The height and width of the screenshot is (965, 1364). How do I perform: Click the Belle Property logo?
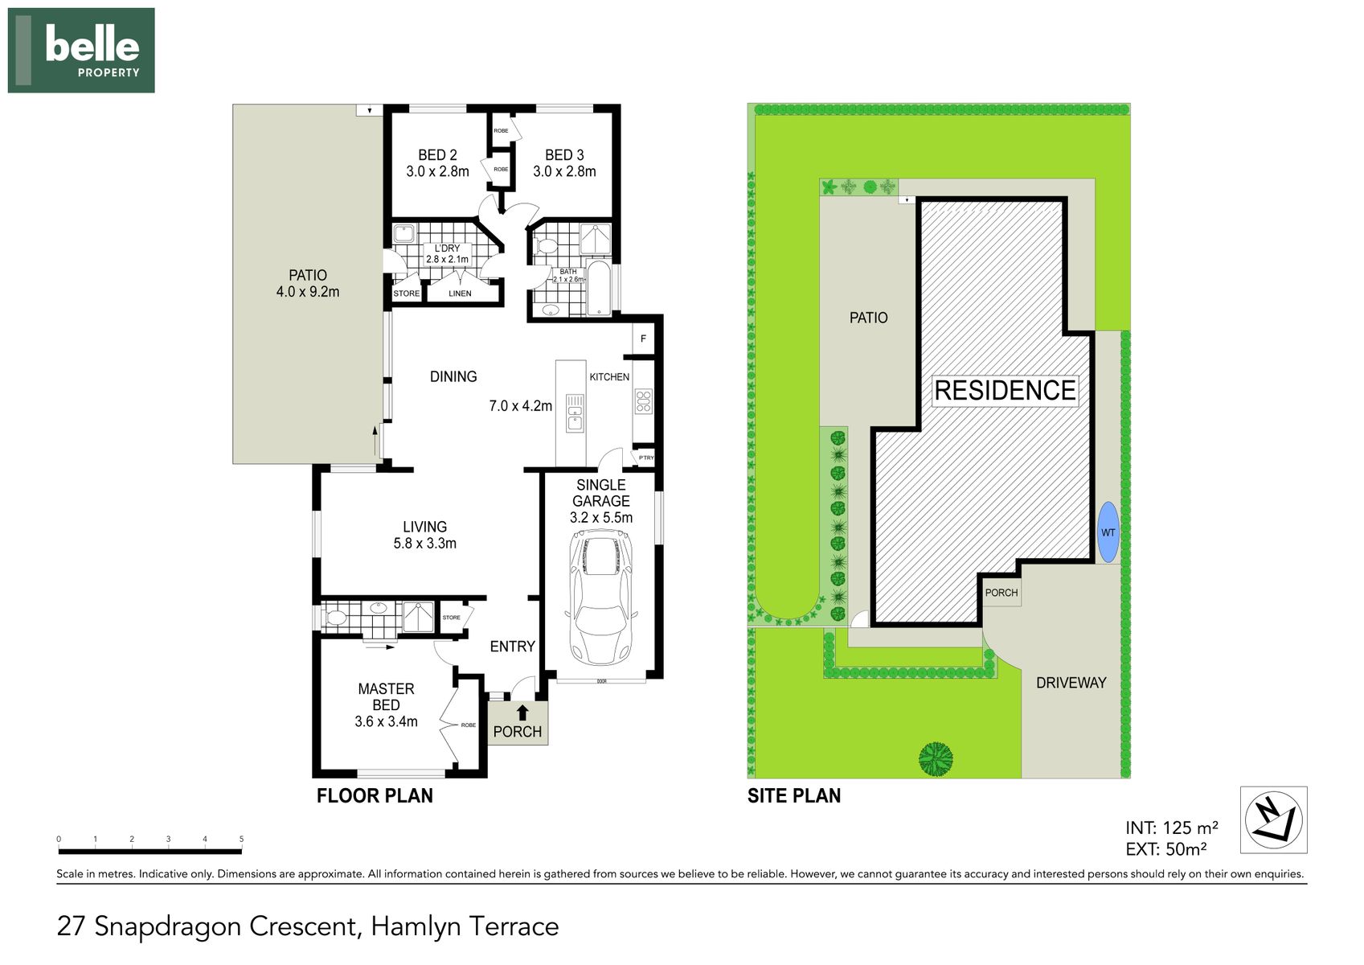tap(81, 50)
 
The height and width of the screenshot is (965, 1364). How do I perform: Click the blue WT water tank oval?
tap(1108, 532)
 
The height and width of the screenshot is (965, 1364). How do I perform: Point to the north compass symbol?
tap(1273, 819)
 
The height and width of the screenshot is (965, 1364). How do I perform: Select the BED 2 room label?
tap(437, 155)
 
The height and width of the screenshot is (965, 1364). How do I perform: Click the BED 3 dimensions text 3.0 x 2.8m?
tap(564, 171)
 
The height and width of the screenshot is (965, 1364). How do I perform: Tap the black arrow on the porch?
tap(522, 712)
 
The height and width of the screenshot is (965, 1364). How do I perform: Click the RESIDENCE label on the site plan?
tap(1005, 391)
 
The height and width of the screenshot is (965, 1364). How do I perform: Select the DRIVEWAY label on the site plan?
tap(1071, 683)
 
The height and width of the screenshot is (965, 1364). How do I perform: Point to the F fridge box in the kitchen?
tap(643, 339)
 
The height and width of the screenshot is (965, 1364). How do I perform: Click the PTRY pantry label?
tap(646, 458)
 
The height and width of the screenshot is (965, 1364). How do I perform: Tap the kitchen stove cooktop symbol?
tap(643, 400)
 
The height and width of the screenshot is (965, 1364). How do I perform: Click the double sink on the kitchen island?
tap(575, 413)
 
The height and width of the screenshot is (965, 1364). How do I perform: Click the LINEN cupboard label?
tap(460, 294)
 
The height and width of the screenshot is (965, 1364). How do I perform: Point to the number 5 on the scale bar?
tap(241, 839)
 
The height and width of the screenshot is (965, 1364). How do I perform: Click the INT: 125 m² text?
tap(1171, 827)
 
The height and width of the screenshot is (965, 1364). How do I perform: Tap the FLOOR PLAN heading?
tap(375, 796)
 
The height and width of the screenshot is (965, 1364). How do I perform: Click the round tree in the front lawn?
tap(936, 758)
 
